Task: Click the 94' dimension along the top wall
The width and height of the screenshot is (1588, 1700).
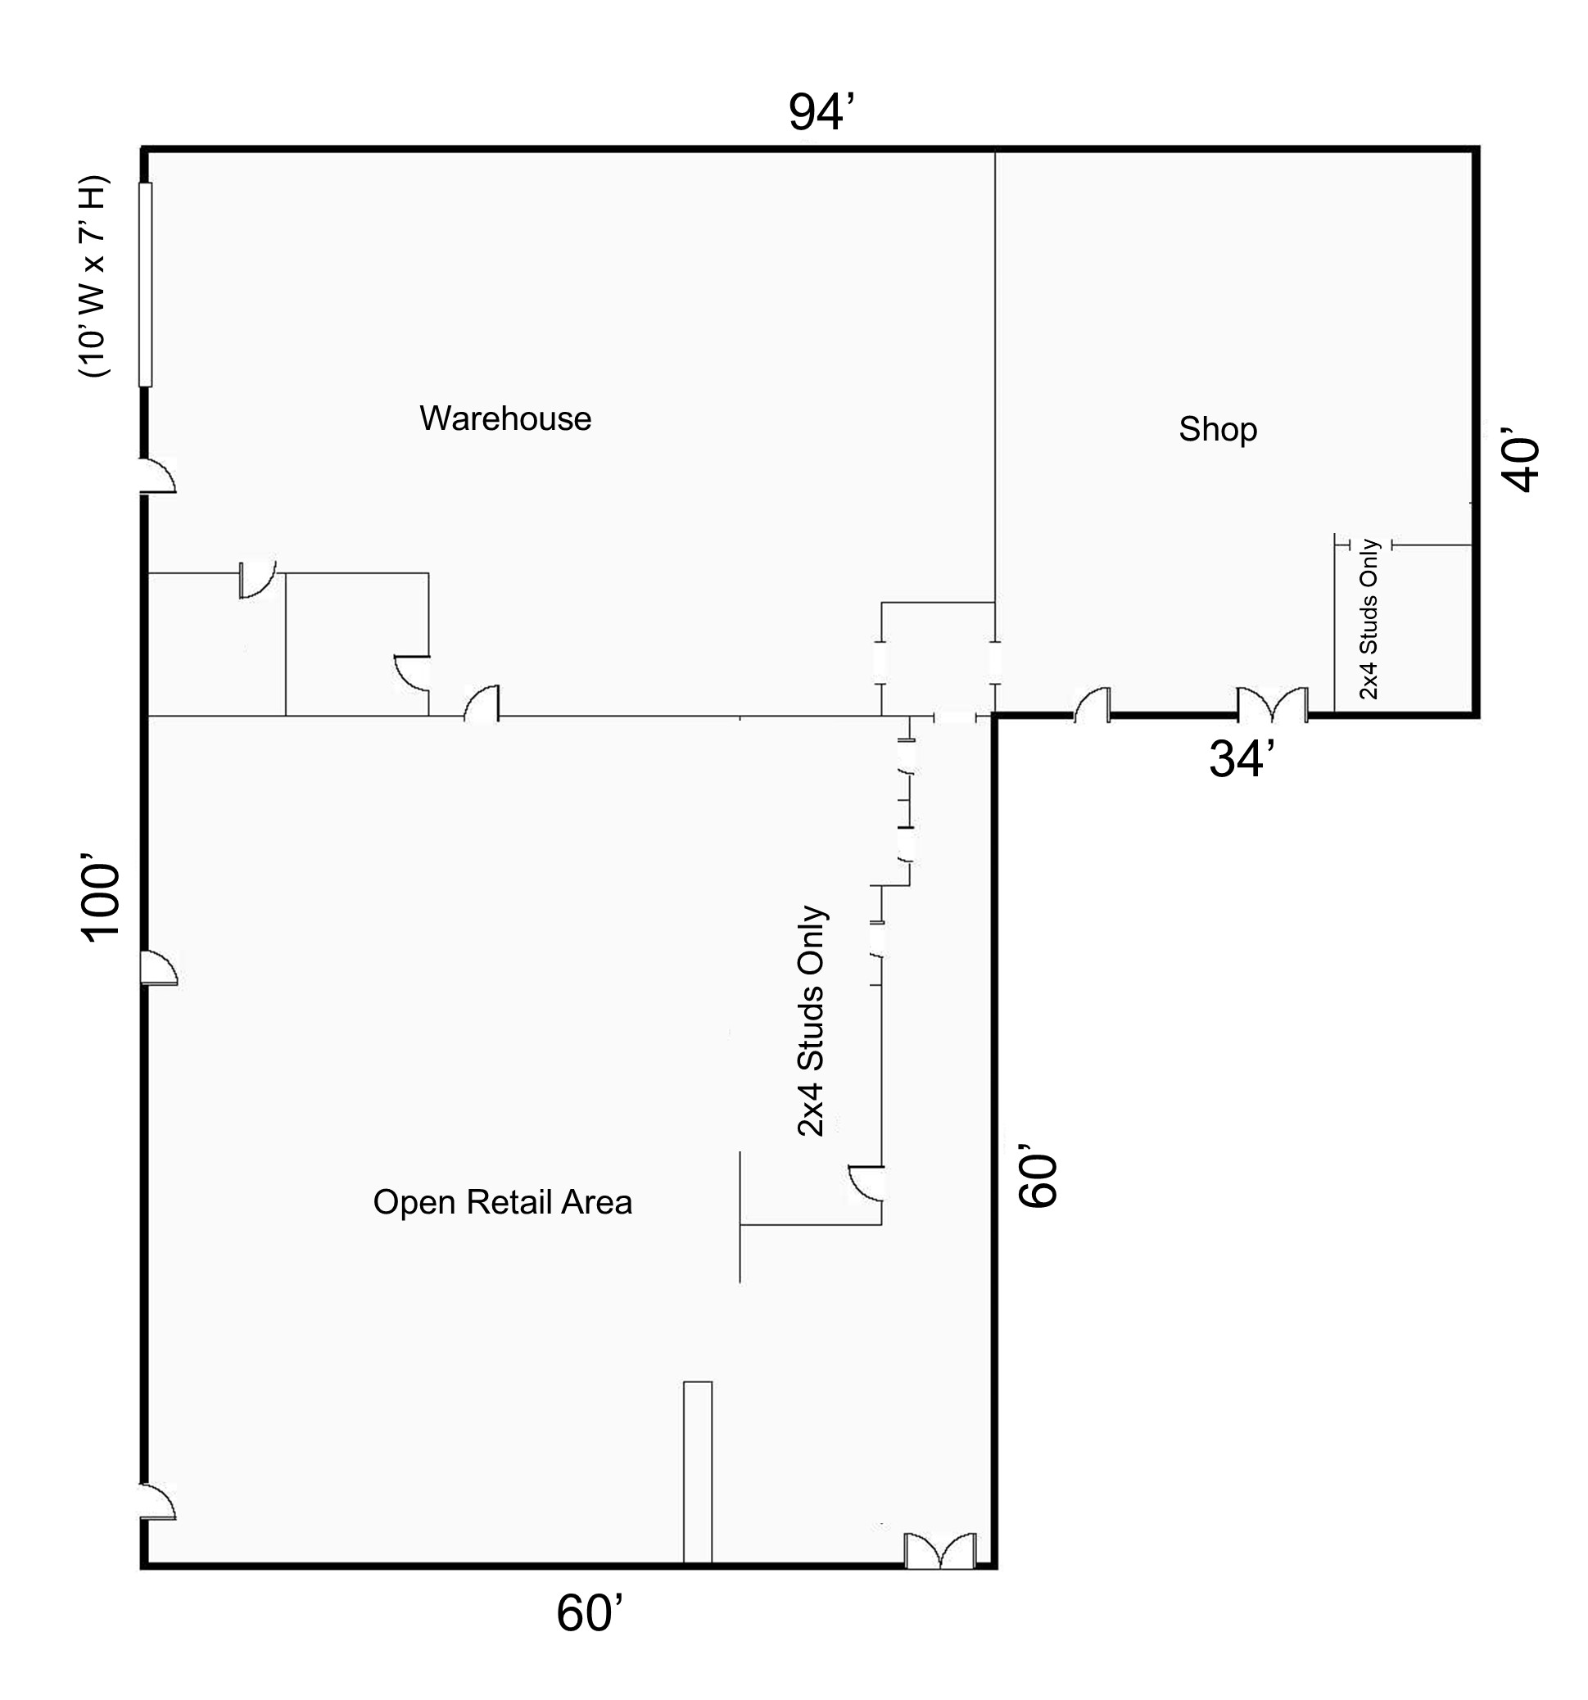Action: point(821,111)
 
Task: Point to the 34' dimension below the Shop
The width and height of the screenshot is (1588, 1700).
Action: point(1242,758)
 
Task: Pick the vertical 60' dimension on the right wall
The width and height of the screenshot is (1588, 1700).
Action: point(1038,1178)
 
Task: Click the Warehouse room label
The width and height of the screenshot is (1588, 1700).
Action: point(505,418)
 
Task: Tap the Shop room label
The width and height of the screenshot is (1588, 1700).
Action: point(1218,429)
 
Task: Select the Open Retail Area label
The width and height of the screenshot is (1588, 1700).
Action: point(503,1202)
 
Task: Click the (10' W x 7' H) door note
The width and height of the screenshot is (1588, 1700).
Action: point(93,276)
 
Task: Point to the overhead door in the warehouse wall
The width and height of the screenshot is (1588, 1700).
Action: point(146,285)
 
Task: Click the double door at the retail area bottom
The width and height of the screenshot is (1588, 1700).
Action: point(940,1551)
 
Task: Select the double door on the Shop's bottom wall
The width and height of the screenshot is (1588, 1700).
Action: point(1273,703)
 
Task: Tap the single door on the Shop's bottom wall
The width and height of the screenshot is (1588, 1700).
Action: point(1092,704)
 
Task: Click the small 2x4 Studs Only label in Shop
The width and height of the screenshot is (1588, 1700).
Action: point(1369,619)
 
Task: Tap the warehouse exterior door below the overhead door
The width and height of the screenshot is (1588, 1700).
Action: point(158,476)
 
